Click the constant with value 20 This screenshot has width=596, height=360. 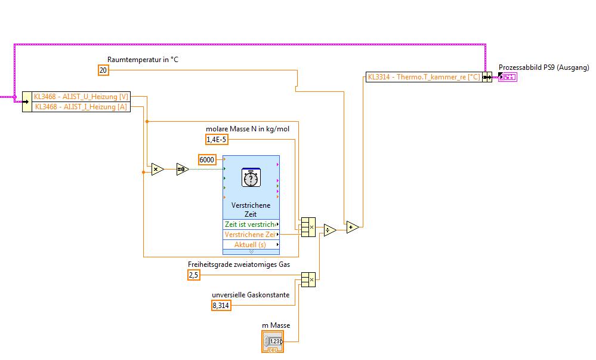click(103, 70)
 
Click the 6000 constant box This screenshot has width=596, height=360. click(207, 159)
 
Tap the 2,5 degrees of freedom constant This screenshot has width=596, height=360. click(194, 275)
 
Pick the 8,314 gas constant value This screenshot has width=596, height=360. click(221, 306)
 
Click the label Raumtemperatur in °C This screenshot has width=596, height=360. click(143, 59)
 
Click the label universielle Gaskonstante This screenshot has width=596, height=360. click(251, 295)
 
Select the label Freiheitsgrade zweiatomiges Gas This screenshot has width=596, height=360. click(239, 264)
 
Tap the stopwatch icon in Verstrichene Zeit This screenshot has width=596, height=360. click(251, 177)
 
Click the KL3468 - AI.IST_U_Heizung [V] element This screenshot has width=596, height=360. click(81, 97)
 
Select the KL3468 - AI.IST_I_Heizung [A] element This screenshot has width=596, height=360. click(81, 106)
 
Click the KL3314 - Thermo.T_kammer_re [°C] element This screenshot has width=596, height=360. click(424, 77)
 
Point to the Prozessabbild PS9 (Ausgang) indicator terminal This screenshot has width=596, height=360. click(508, 77)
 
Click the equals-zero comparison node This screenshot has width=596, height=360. click(183, 170)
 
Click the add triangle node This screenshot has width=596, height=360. click(353, 227)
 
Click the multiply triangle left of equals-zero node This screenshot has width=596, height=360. click(157, 170)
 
